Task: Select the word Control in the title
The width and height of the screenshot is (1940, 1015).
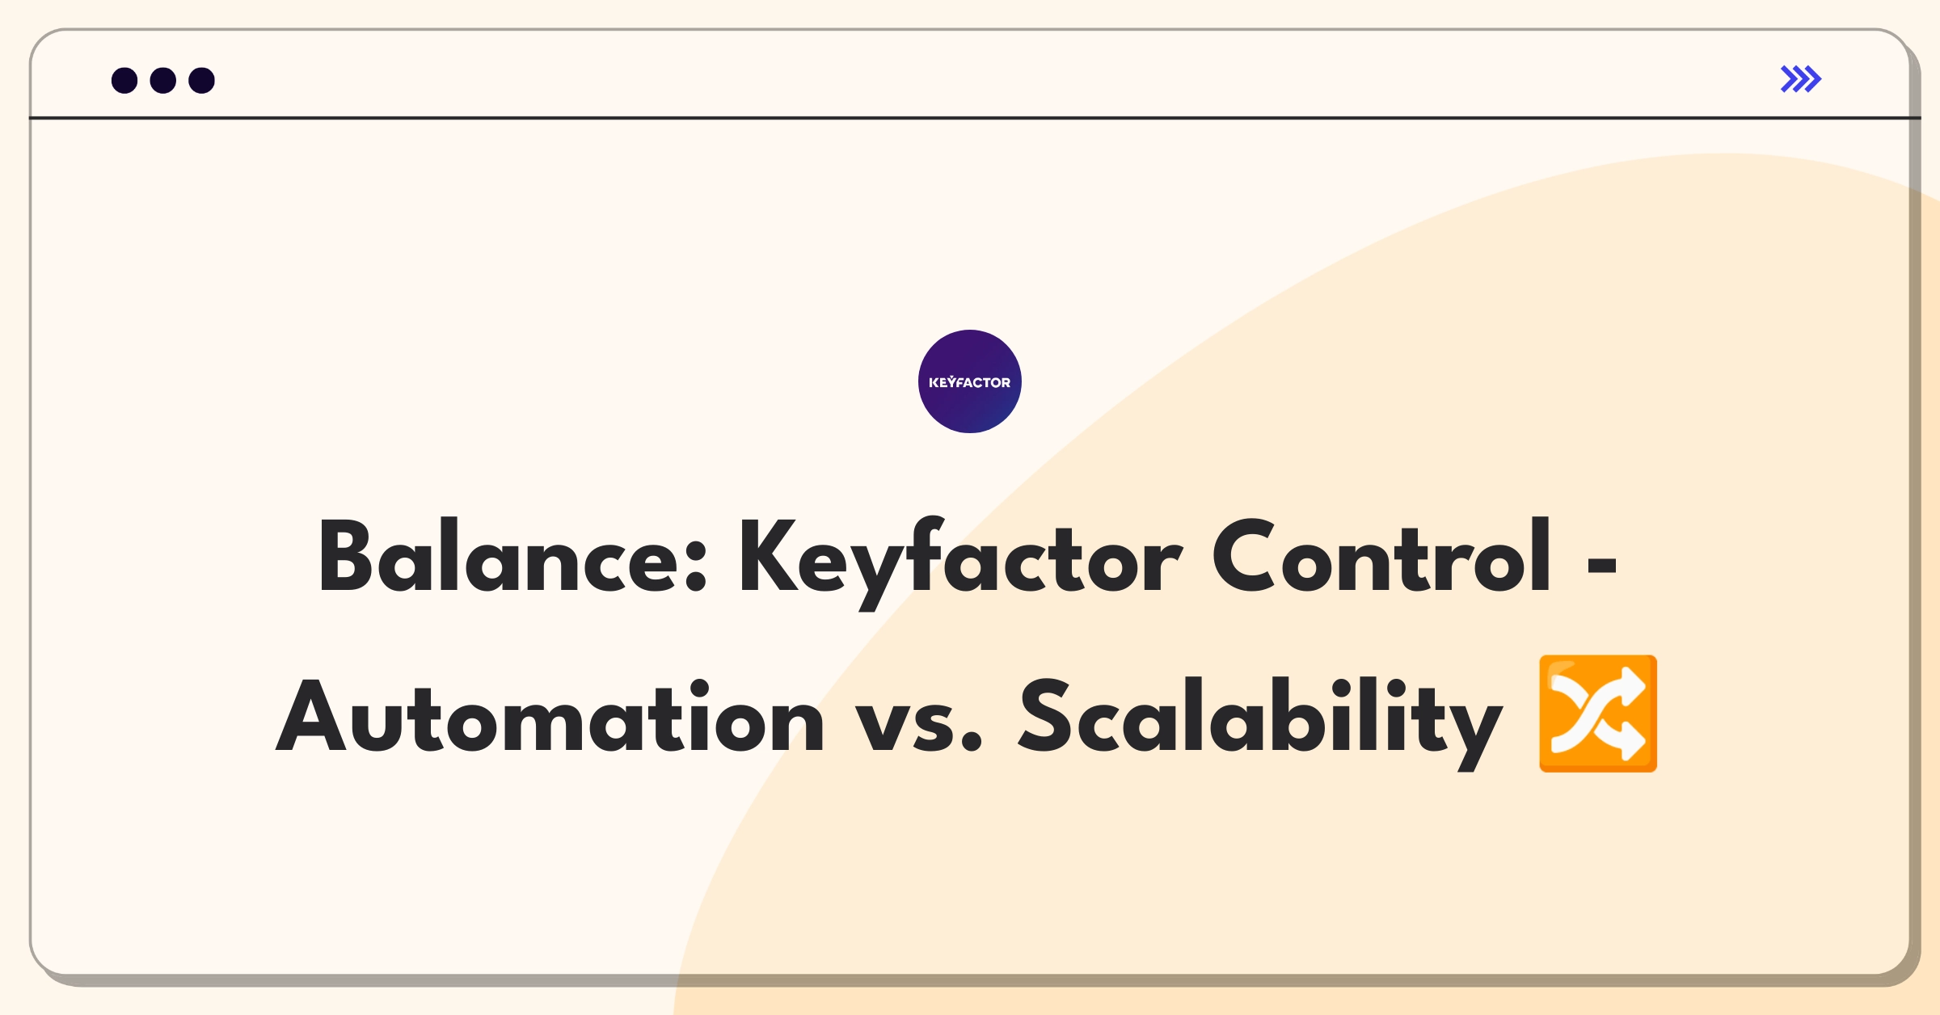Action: click(1381, 556)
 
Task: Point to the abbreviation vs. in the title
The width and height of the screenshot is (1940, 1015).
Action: click(919, 723)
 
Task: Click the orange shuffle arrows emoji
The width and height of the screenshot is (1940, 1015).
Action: click(1598, 714)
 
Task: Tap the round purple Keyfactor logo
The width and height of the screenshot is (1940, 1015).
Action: click(970, 381)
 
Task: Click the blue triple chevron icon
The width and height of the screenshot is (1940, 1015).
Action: click(1801, 79)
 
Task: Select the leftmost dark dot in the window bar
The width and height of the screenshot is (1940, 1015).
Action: click(124, 80)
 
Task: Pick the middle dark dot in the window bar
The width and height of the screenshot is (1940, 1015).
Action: click(163, 80)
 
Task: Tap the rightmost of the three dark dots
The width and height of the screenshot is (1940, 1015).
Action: click(202, 80)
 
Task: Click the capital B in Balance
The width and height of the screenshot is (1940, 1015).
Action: click(346, 556)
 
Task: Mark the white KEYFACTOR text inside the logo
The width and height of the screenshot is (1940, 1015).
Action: click(970, 382)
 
